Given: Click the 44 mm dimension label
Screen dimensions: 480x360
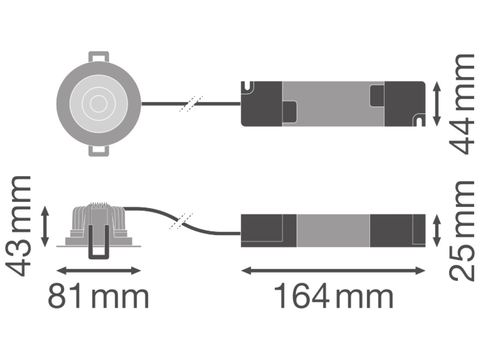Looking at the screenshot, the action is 462,104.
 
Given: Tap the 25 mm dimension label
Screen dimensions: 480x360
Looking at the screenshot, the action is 462,231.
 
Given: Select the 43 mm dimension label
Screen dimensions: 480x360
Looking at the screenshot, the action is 18,226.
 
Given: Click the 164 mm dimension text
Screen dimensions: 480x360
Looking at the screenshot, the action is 334,296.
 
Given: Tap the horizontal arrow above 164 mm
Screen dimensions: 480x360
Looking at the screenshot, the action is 333,271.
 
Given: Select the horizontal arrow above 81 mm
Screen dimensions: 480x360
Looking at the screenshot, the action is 99,271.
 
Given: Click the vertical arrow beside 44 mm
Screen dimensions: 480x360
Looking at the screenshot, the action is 437,104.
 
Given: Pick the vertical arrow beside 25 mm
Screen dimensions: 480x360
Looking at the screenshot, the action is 437,231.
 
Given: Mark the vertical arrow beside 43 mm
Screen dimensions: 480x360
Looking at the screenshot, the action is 45,226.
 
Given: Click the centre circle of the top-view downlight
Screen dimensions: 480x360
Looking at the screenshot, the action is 99,104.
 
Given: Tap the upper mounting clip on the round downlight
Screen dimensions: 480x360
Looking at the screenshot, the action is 99,57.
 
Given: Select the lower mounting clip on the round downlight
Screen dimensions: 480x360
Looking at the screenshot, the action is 99,151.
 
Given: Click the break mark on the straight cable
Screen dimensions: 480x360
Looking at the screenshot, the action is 191,104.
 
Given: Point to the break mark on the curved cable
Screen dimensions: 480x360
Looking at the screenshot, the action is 181,221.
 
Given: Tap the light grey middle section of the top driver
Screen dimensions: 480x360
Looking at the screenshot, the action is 333,104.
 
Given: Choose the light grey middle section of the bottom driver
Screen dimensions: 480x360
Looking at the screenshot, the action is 333,231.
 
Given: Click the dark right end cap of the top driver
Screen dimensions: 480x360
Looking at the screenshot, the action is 405,104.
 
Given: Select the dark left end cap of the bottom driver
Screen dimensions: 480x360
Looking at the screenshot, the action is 269,231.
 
